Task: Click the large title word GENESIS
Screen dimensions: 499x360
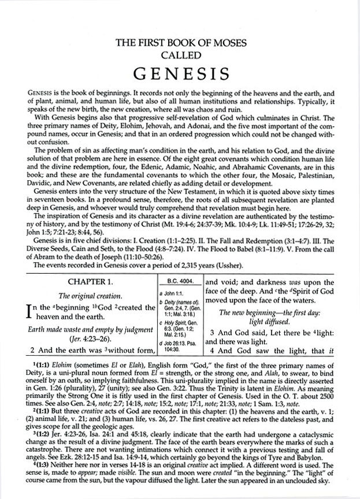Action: pos(180,75)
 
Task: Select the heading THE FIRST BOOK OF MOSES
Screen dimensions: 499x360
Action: pos(180,42)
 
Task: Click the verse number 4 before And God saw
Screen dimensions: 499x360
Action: pos(213,349)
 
